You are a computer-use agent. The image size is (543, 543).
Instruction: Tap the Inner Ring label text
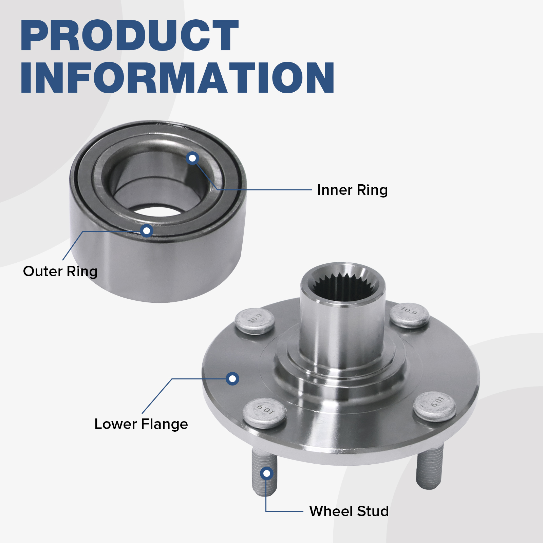[352, 190]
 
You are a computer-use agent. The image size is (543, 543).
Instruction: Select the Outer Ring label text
[60, 271]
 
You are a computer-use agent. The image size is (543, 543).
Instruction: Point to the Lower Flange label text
[141, 424]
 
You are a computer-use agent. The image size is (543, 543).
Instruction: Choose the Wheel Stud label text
[349, 511]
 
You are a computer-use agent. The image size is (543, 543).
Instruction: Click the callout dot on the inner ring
[192, 158]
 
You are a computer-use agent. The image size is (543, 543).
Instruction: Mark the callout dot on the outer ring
[147, 231]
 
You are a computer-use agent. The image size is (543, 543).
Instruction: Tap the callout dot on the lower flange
[232, 378]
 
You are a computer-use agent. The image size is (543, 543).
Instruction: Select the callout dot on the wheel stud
[267, 473]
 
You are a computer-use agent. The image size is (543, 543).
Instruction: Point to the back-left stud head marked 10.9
[255, 321]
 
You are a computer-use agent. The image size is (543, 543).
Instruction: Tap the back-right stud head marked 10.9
[409, 315]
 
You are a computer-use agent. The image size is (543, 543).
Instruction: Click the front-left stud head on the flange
[265, 413]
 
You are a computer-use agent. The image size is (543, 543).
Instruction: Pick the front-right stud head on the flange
[435, 406]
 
